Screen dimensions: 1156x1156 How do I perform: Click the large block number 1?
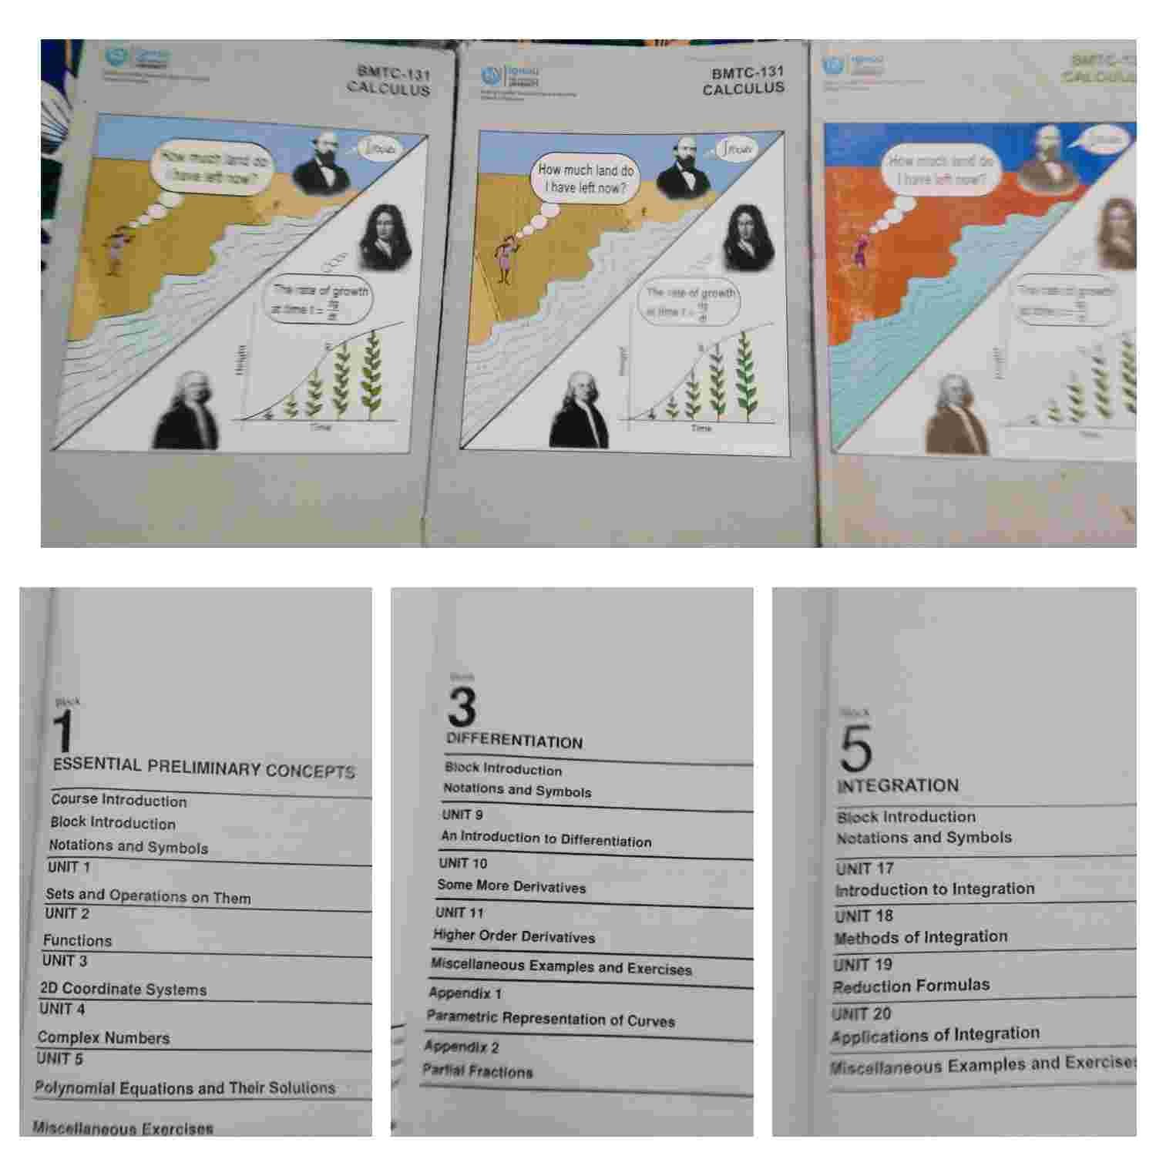tap(64, 731)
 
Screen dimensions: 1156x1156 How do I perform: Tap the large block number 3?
tap(462, 707)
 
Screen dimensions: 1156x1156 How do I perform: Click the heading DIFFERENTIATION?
tap(515, 741)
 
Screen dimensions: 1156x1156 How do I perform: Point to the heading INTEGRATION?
tap(898, 786)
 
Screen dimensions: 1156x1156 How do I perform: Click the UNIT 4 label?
tap(62, 1009)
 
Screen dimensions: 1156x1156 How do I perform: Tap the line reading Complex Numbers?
tap(103, 1037)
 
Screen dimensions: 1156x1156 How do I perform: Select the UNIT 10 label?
tap(463, 863)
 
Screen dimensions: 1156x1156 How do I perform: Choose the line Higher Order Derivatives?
tap(514, 936)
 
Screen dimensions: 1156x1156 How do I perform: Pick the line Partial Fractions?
tap(478, 1071)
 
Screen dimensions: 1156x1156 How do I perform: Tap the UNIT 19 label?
tap(862, 965)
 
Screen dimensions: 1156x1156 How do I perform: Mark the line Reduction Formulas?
tap(911, 986)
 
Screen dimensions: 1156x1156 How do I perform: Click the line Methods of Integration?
tap(921, 937)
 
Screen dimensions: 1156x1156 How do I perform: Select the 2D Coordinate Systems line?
tap(123, 989)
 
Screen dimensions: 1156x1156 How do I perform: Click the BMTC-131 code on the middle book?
tap(748, 72)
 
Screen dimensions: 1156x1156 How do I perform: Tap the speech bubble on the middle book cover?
tap(586, 179)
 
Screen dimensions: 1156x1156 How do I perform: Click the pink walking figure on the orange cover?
tap(859, 253)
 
